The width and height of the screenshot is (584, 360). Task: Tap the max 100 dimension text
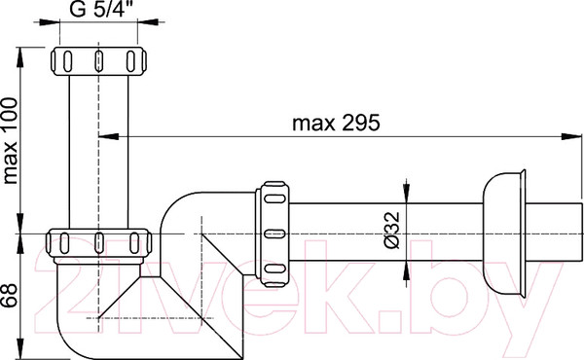(10, 141)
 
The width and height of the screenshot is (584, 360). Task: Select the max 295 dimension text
(336, 123)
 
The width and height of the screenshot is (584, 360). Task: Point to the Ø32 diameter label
(391, 230)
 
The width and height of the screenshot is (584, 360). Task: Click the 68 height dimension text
(10, 295)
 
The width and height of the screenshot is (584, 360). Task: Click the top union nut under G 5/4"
(98, 61)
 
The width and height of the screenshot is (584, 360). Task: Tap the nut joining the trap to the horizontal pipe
(273, 234)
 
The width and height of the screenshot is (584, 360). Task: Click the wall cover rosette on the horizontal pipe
(504, 234)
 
